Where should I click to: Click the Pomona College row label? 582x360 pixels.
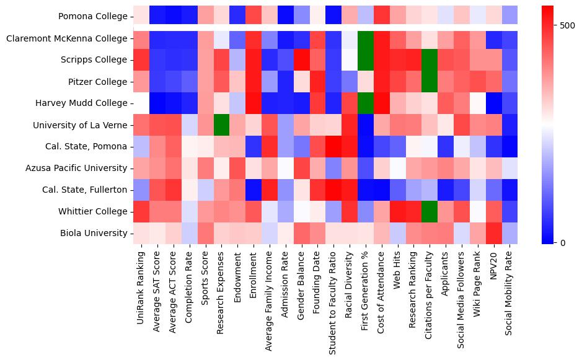click(x=93, y=17)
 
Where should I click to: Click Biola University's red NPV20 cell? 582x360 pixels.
click(x=494, y=234)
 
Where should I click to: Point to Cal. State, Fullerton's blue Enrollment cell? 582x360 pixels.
click(x=254, y=190)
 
